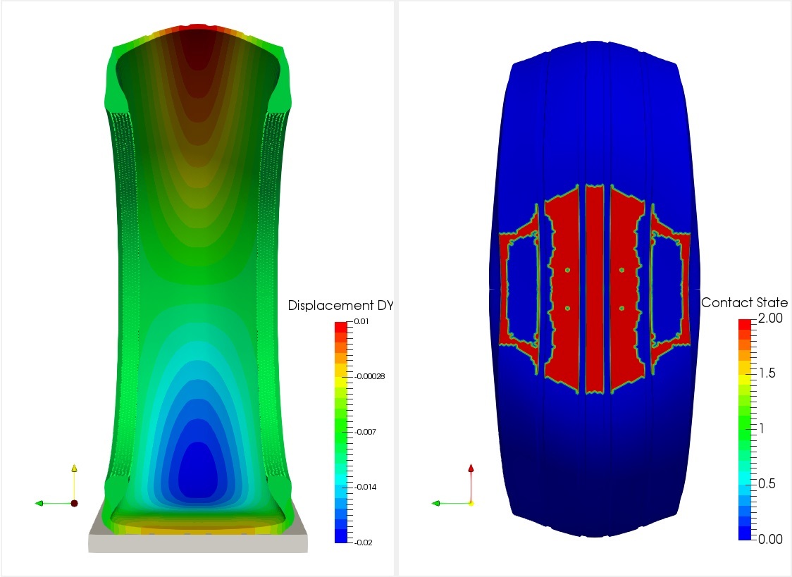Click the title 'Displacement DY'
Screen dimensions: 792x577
pyautogui.click(x=340, y=306)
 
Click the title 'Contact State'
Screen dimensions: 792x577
pyautogui.click(x=744, y=302)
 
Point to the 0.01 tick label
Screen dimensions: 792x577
pyautogui.click(x=361, y=321)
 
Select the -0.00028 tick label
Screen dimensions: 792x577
pyautogui.click(x=369, y=376)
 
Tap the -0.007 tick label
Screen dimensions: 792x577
pyautogui.click(x=365, y=432)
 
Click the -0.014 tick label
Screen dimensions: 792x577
pyautogui.click(x=365, y=487)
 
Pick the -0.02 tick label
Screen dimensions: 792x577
pyautogui.click(x=363, y=542)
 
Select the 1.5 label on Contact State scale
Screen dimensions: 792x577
pyautogui.click(x=766, y=373)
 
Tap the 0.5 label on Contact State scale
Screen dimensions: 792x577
pyautogui.click(x=766, y=483)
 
